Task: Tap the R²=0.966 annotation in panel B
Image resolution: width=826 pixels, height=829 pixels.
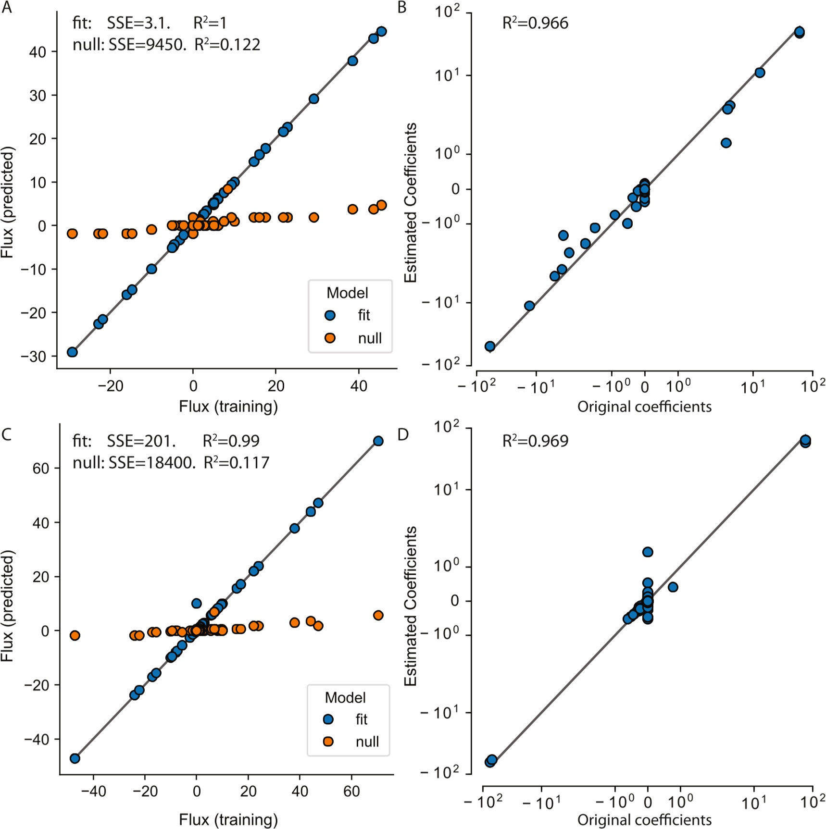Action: (535, 23)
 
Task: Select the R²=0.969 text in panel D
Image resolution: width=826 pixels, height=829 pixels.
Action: (535, 441)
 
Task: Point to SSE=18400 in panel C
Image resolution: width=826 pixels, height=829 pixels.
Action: (151, 462)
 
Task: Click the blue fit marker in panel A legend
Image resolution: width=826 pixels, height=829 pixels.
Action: (330, 315)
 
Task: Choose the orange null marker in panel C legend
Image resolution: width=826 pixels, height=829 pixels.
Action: (328, 742)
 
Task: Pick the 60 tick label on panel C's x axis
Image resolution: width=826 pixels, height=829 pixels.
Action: (351, 791)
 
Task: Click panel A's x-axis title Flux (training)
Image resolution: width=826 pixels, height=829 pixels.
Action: (228, 407)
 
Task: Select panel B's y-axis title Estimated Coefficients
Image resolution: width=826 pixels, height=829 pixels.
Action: (410, 202)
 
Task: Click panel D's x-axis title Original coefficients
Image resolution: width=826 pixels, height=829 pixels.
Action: (644, 820)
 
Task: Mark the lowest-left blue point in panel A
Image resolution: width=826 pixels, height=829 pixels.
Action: (72, 352)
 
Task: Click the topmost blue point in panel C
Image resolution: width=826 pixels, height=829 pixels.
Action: (378, 441)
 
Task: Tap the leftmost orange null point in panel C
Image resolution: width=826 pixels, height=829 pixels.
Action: (75, 635)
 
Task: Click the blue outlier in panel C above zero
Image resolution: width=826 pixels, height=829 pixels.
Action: (196, 603)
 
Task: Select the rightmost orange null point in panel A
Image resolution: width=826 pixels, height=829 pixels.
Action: (381, 205)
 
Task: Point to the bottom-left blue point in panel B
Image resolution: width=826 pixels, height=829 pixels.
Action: (490, 346)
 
